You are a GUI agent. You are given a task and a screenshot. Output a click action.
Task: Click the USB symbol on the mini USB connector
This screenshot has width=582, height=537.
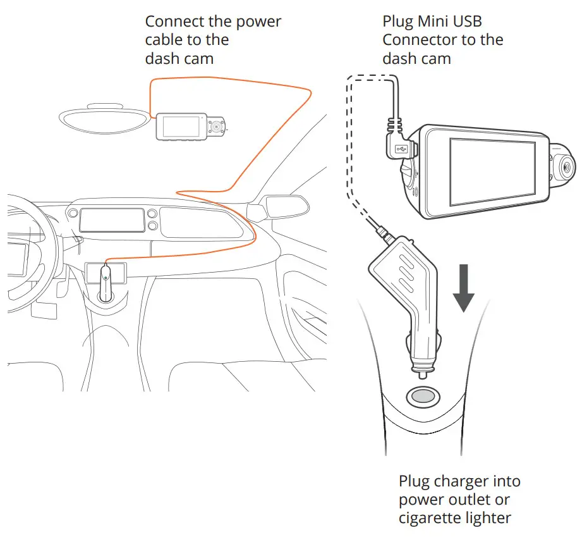pos(401,149)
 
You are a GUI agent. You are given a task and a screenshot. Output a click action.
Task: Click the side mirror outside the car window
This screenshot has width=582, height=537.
pos(282,206)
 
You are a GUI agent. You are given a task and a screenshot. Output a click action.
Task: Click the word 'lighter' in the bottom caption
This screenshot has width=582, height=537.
pos(489,518)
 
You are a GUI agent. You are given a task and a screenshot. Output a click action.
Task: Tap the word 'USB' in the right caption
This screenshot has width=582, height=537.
pos(468,21)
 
